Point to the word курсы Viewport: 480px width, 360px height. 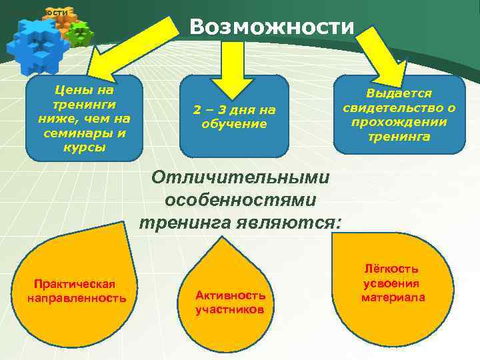[84, 147]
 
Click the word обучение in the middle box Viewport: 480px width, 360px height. [234, 124]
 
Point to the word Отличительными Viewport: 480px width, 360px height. [241, 178]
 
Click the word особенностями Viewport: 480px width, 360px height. [241, 199]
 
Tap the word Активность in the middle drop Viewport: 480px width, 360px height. [230, 295]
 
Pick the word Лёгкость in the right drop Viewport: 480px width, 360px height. [392, 269]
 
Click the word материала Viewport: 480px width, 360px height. [393, 297]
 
